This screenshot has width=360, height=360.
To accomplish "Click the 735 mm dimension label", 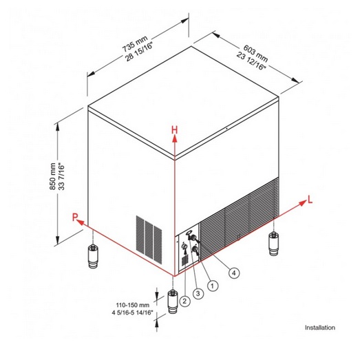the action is point(135,44).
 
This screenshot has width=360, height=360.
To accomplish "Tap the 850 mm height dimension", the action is point(53,176).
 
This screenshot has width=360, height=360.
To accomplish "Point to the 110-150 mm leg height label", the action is point(133,305).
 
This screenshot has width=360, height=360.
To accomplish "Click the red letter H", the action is point(175,130).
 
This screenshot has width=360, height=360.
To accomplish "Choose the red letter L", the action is point(310,200).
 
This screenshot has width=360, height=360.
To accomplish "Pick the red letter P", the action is point(75,217).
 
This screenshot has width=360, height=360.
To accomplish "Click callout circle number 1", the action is point(213,286).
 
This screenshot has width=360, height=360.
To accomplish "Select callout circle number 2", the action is point(185,301).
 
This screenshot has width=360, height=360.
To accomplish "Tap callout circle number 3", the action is point(198,293).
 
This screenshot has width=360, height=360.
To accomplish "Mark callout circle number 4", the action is point(234,273).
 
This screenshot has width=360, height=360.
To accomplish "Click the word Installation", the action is point(320,328).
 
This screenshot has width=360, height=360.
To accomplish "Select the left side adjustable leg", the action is point(93,257).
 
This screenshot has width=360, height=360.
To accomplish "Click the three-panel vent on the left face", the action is point(149,240).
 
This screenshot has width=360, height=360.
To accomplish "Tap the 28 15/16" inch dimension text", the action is point(139,52).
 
